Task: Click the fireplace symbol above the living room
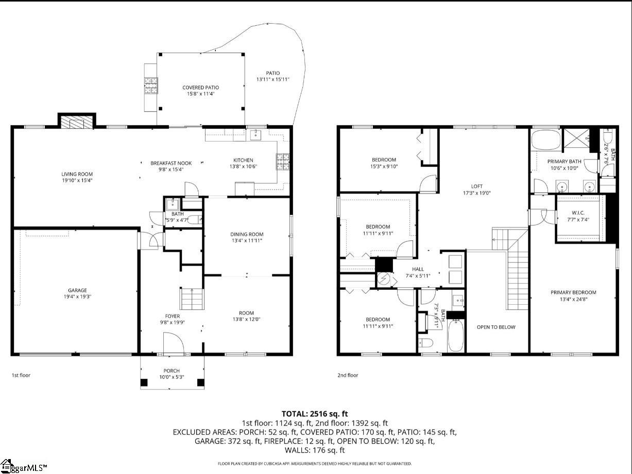(x=76, y=121)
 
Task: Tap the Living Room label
(x=77, y=174)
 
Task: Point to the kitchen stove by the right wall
(x=284, y=162)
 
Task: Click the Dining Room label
(x=247, y=234)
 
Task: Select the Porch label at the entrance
(x=172, y=371)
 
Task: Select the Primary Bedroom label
(x=573, y=292)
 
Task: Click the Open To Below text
(x=496, y=327)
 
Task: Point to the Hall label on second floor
(x=418, y=269)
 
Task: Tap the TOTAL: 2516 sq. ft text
(x=315, y=413)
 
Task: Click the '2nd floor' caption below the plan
(x=347, y=375)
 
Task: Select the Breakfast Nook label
(x=170, y=163)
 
